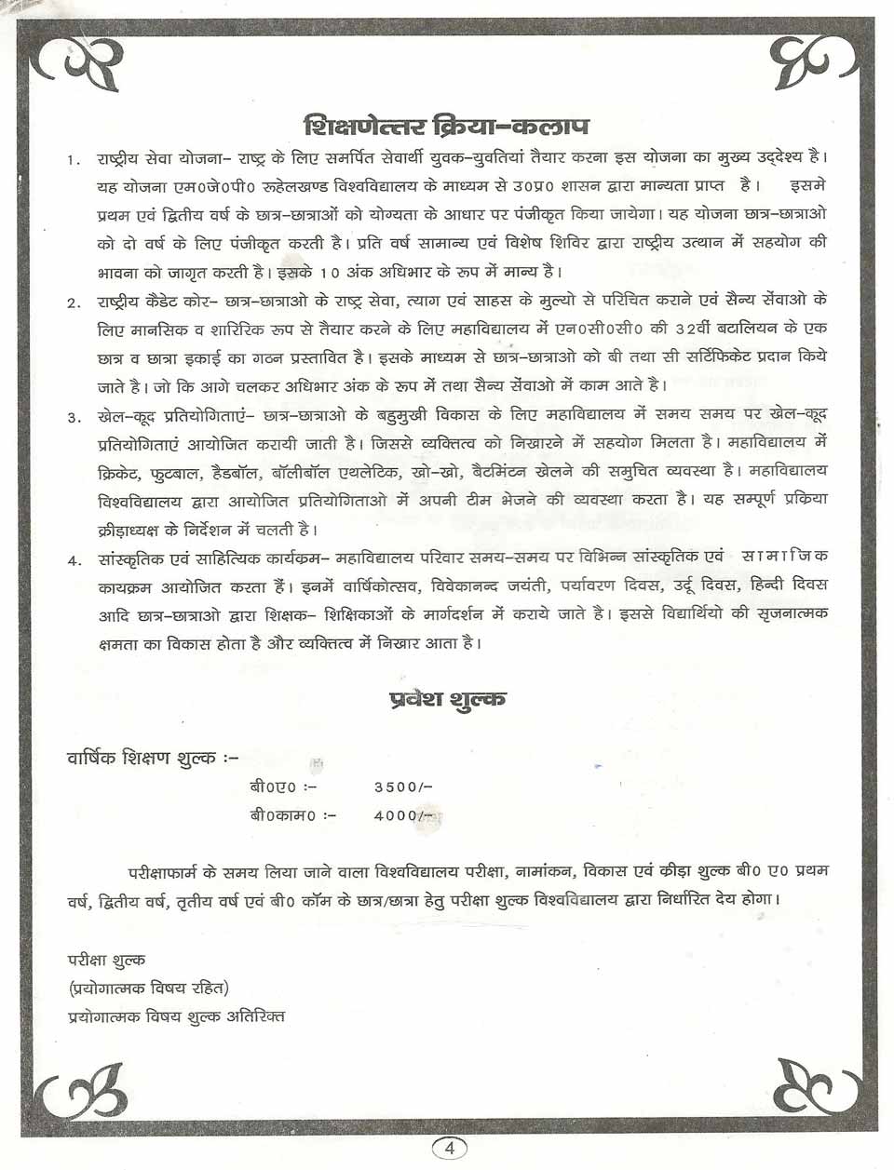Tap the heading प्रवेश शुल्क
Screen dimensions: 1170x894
coord(447,698)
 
